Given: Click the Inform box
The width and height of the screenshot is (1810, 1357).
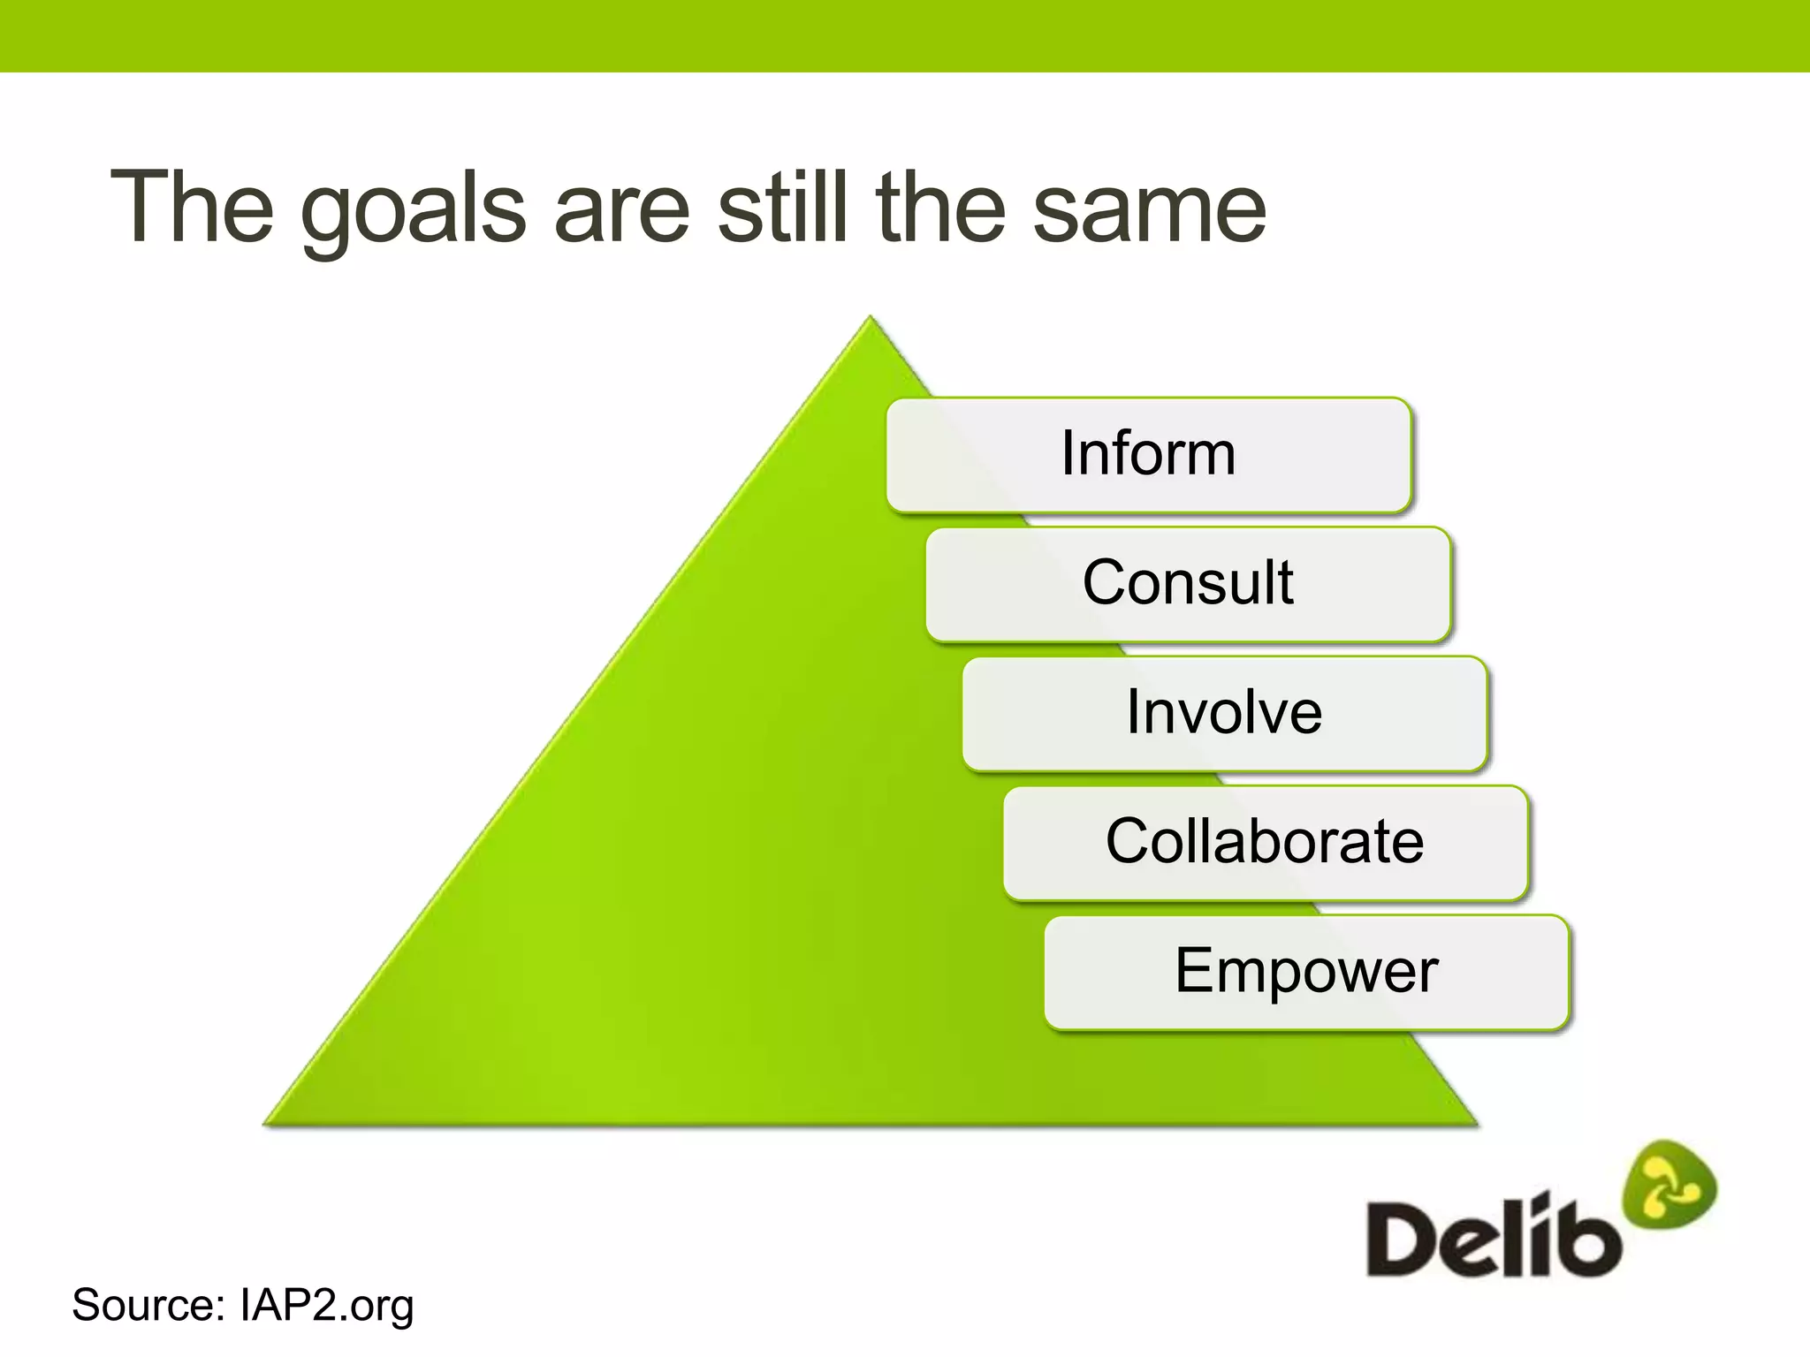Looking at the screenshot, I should point(1148,454).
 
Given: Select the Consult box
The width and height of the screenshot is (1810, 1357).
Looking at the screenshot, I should point(1188,583).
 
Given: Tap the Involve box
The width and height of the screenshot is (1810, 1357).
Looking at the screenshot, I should point(1224,712).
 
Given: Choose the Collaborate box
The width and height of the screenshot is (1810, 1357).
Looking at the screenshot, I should point(1265,841).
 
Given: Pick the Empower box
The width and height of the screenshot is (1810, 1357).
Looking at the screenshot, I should point(1305,971).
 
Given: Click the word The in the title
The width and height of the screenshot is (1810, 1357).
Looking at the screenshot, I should point(192,207).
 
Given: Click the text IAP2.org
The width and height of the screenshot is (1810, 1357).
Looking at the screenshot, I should point(326,1306).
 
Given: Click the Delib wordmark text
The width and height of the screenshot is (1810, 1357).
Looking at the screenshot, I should point(1494,1237).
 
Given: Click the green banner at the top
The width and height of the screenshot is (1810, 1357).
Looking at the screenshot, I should point(905,35).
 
